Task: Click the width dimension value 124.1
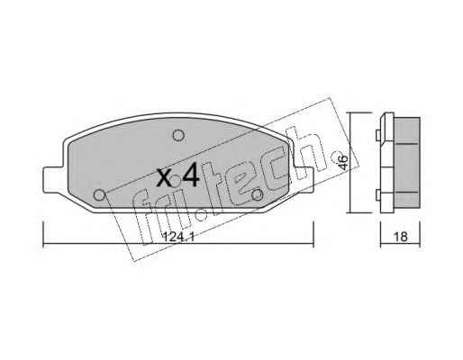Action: point(178,238)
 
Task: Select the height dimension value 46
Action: point(342,162)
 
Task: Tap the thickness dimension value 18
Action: point(401,237)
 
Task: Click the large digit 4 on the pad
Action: point(191,175)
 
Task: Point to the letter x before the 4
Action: point(165,177)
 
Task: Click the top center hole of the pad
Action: point(178,136)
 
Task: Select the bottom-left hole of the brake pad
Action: point(99,195)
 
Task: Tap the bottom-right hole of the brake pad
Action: point(257,194)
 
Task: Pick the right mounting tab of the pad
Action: point(304,180)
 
